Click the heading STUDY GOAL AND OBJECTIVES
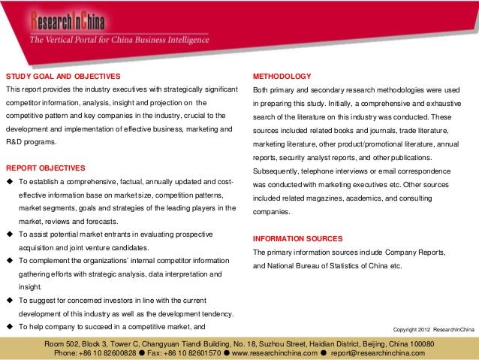coord(63,77)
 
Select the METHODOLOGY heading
coord(282,77)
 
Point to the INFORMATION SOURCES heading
coord(298,238)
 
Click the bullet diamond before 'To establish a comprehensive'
coord(10,183)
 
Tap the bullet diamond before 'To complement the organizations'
coord(10,261)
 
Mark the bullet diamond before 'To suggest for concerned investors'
coord(10,301)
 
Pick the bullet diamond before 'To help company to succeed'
coord(10,327)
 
